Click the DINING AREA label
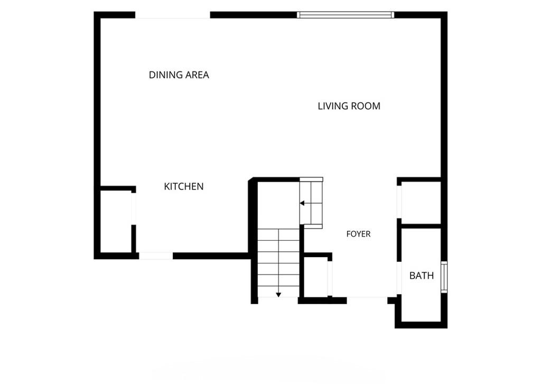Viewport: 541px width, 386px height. pos(179,75)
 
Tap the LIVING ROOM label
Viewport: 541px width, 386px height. pos(349,106)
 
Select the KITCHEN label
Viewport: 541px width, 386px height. pos(183,186)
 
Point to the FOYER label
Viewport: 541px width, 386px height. pos(358,234)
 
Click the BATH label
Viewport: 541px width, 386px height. pos(421,276)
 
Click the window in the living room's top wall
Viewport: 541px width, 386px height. pos(346,15)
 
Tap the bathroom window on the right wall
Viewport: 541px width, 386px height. pos(444,277)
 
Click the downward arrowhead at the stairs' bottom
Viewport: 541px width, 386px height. pos(278,295)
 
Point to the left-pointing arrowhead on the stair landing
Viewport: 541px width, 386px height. pos(302,203)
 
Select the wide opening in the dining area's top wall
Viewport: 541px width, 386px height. pos(173,15)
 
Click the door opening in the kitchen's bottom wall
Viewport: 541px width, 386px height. pos(156,256)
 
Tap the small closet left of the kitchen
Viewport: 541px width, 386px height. pos(116,221)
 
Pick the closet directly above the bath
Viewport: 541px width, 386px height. pos(421,202)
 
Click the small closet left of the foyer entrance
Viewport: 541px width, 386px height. pos(315,277)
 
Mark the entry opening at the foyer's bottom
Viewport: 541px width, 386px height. pos(367,300)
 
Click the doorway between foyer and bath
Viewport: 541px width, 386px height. pos(399,278)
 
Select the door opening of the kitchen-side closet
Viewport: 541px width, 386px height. pos(134,209)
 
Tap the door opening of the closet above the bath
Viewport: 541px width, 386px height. pos(399,202)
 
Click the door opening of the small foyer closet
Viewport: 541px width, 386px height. pos(330,278)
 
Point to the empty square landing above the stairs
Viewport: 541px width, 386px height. pos(278,205)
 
